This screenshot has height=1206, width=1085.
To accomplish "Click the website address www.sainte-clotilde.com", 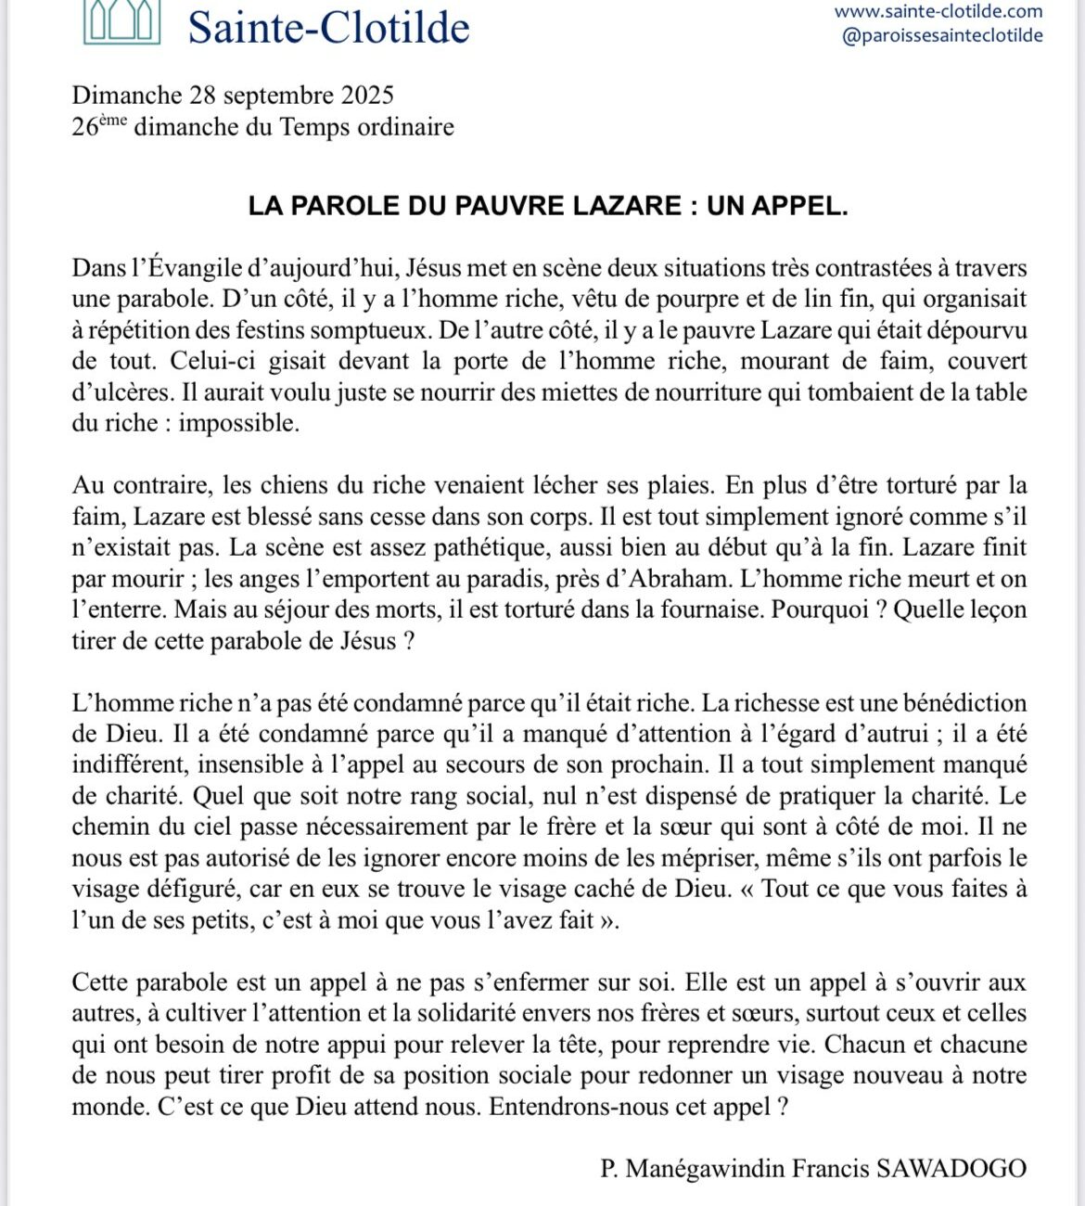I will [938, 12].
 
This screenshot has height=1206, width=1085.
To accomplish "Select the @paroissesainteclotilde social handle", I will [942, 36].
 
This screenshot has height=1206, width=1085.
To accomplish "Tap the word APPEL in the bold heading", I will [799, 206].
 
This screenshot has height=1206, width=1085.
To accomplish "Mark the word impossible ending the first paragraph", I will [239, 423].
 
